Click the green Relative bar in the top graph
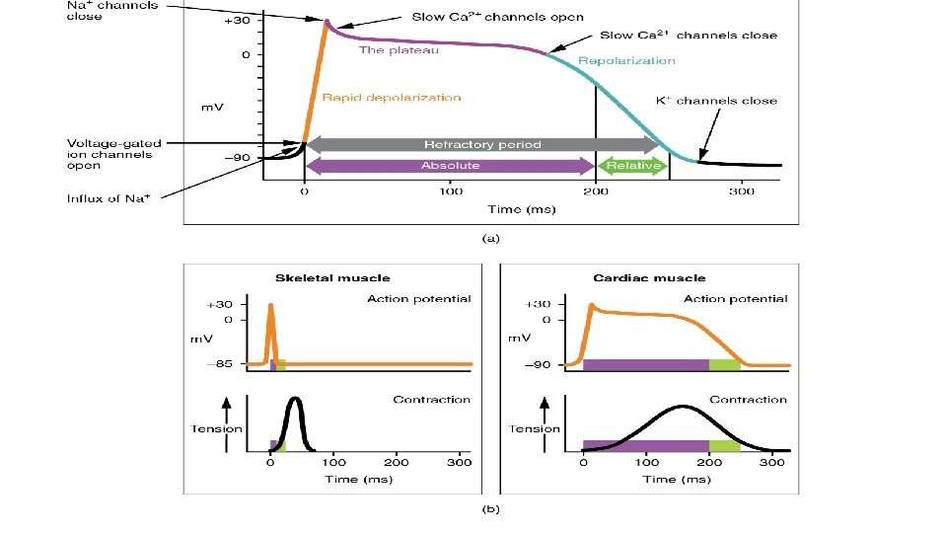[632, 166]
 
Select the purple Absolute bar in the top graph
[450, 166]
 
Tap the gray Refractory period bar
[482, 144]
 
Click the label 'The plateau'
[399, 50]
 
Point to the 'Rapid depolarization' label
[391, 98]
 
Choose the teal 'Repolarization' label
[626, 61]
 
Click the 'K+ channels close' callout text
[716, 101]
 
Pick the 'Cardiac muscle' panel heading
[649, 278]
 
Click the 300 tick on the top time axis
[742, 190]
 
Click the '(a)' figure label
[490, 238]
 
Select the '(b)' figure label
[490, 510]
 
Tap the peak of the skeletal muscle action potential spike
[270, 305]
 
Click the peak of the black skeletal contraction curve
[294, 400]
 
